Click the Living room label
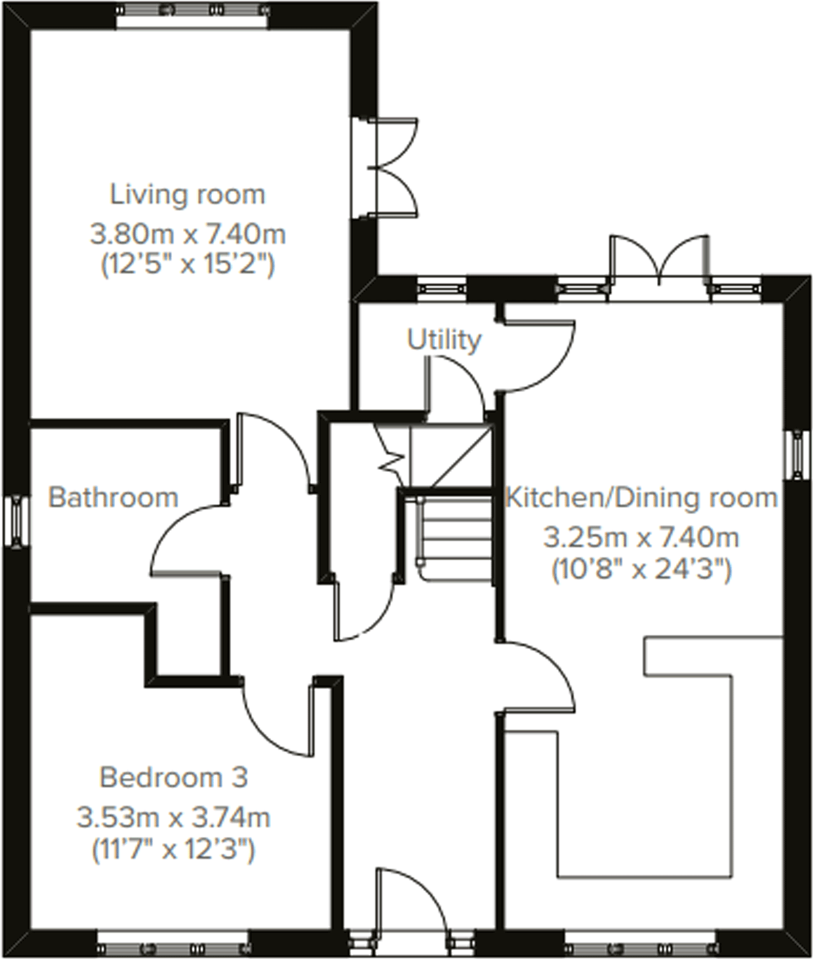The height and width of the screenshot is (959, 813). pyautogui.click(x=188, y=195)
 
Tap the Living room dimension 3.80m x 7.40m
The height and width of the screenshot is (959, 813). pyautogui.click(x=188, y=234)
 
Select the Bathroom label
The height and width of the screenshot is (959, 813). pyautogui.click(x=113, y=498)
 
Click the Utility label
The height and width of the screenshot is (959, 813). pyautogui.click(x=444, y=340)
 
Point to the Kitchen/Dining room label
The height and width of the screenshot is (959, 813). pyautogui.click(x=641, y=498)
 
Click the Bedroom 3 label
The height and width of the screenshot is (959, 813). pyautogui.click(x=173, y=777)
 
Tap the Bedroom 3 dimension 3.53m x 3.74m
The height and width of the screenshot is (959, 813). pyautogui.click(x=173, y=817)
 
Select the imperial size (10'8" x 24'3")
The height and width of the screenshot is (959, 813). pyautogui.click(x=641, y=570)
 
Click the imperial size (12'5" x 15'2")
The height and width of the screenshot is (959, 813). pyautogui.click(x=188, y=265)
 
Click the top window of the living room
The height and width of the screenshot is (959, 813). pyautogui.click(x=193, y=10)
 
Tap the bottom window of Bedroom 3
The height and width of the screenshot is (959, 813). pyautogui.click(x=172, y=947)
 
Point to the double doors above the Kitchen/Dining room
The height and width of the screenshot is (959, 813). pyautogui.click(x=660, y=261)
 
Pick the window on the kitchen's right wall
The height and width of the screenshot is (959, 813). pyautogui.click(x=797, y=454)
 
